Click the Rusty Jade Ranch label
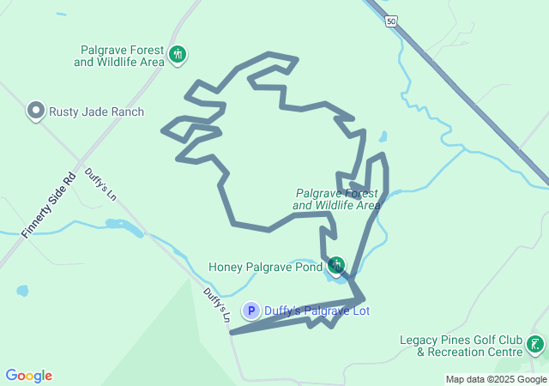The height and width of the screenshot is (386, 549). click(x=96, y=112)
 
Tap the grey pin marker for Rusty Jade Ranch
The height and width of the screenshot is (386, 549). click(x=35, y=111)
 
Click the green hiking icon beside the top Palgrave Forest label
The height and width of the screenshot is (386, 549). click(x=178, y=56)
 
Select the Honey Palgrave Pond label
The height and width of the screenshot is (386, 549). click(x=264, y=266)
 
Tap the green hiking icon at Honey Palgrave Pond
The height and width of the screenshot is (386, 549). click(x=335, y=264)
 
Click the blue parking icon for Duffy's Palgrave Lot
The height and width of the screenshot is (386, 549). click(x=251, y=311)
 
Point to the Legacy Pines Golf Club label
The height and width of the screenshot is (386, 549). click(x=462, y=345)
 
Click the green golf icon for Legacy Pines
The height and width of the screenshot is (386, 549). click(x=535, y=344)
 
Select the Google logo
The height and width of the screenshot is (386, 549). click(x=29, y=376)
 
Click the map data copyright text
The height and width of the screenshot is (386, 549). click(x=496, y=379)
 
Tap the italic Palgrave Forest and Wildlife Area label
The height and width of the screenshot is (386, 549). click(x=336, y=199)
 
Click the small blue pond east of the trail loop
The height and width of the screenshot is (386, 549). click(x=383, y=136)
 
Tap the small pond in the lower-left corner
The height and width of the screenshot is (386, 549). click(x=22, y=291)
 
